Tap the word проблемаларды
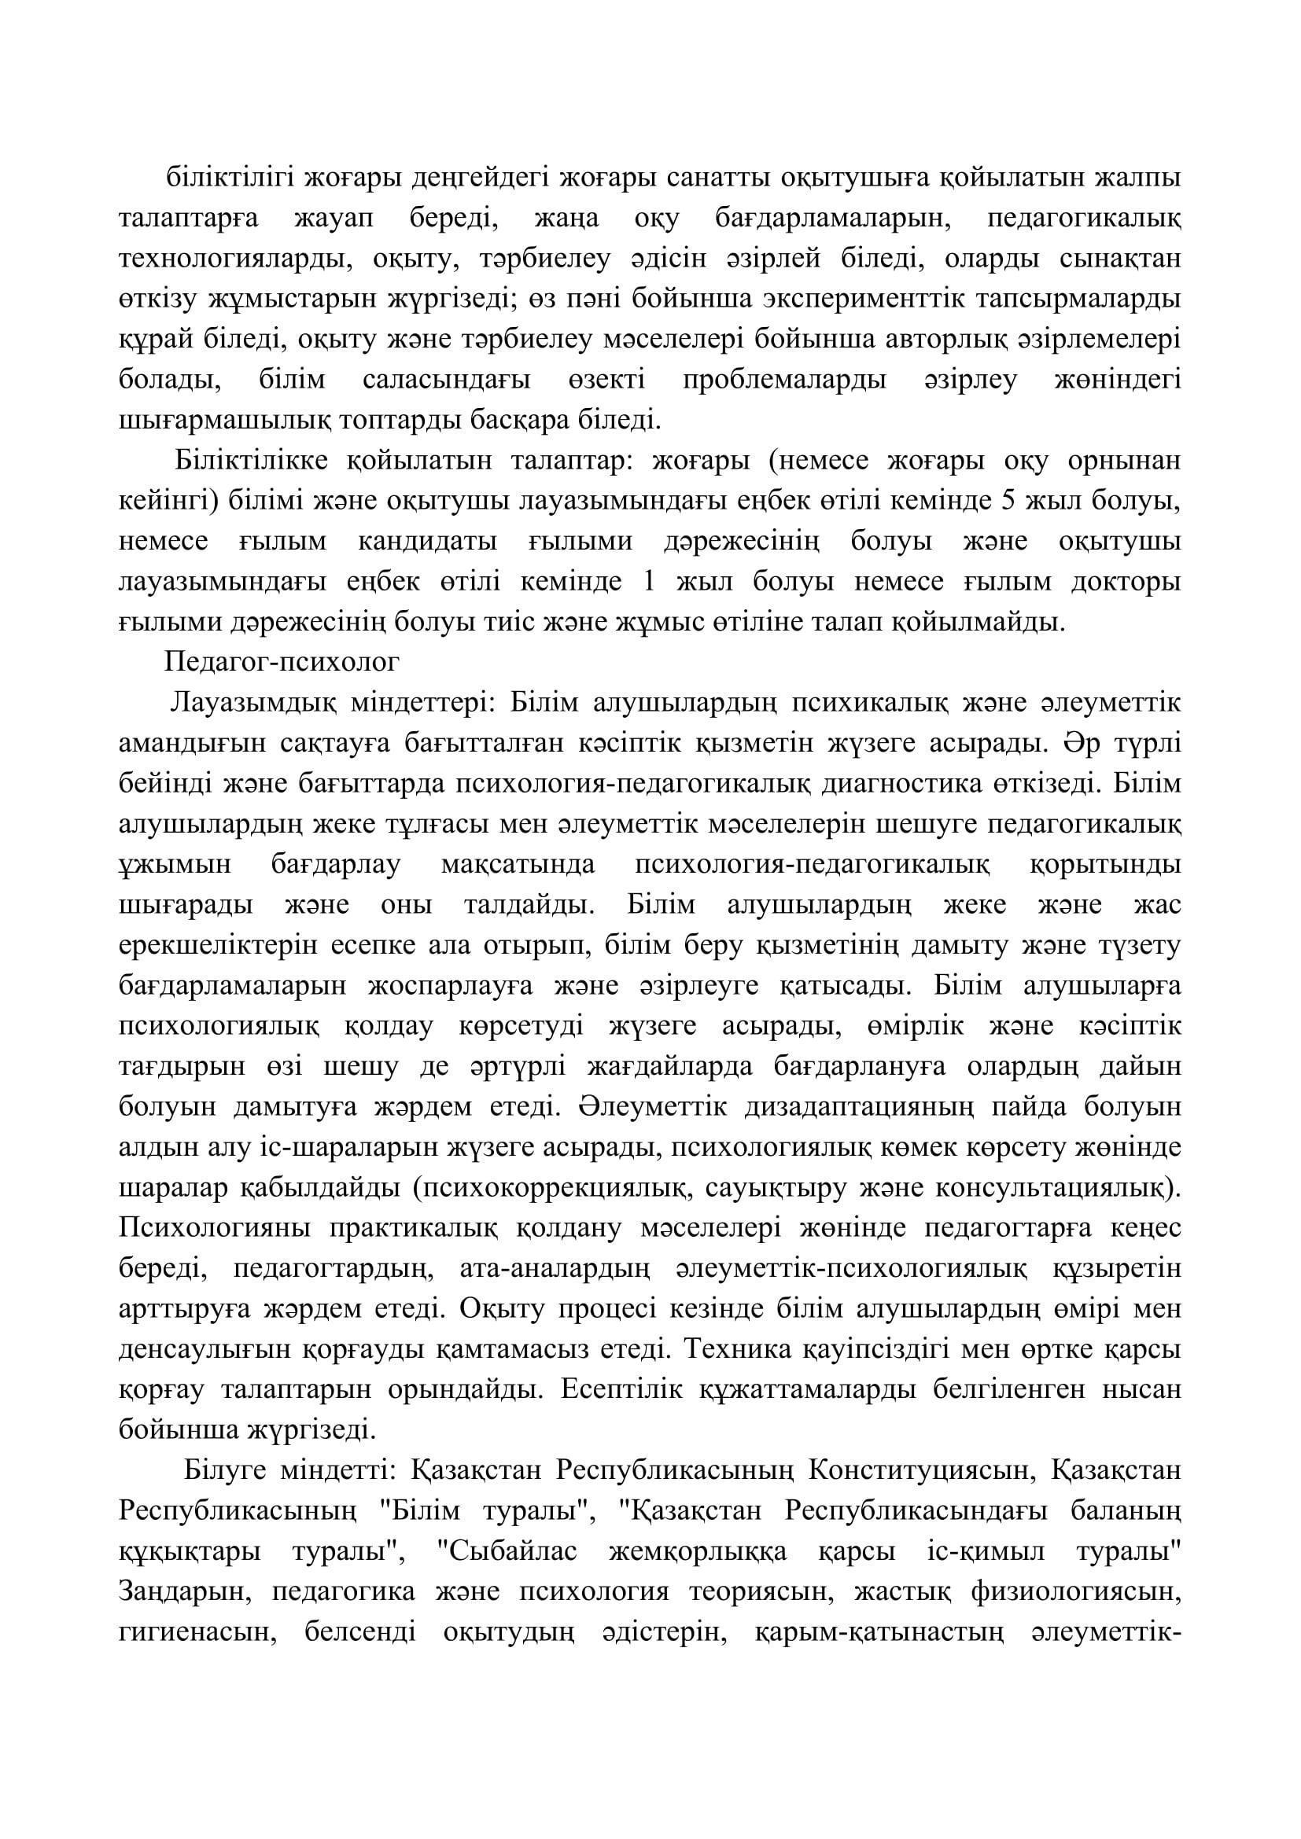pos(785,380)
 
